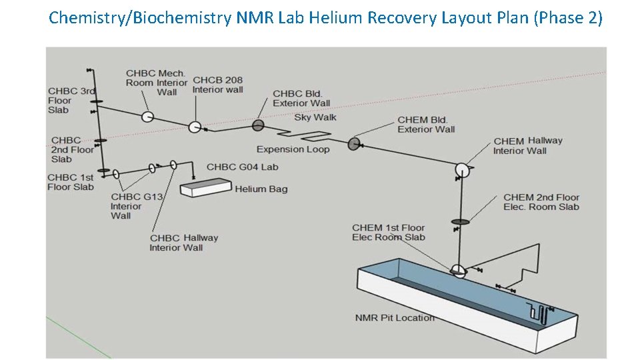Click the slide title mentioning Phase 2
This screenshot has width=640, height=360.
[x=325, y=17]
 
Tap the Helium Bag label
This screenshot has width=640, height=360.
[x=261, y=189]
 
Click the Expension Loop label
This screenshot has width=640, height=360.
[x=293, y=149]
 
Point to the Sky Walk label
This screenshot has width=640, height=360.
[x=315, y=117]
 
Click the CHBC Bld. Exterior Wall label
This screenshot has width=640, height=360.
[x=301, y=99]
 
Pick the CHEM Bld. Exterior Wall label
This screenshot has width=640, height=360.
[x=426, y=125]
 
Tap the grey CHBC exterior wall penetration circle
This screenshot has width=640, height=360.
[x=258, y=125]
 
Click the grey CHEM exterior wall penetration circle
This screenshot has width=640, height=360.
[x=354, y=143]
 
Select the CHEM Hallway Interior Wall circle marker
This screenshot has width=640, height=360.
[x=462, y=170]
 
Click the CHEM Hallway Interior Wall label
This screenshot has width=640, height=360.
[x=527, y=146]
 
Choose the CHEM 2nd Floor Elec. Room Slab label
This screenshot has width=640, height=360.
[x=541, y=202]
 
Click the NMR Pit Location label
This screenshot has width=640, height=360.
[x=395, y=318]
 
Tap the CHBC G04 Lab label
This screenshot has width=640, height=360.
[x=242, y=167]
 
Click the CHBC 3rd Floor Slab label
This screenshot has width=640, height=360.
[x=71, y=101]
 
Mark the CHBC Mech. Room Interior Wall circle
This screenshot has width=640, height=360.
[x=147, y=116]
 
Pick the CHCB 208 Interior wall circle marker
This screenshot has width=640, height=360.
[x=194, y=127]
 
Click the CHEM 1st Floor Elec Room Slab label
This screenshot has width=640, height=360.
[x=388, y=233]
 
